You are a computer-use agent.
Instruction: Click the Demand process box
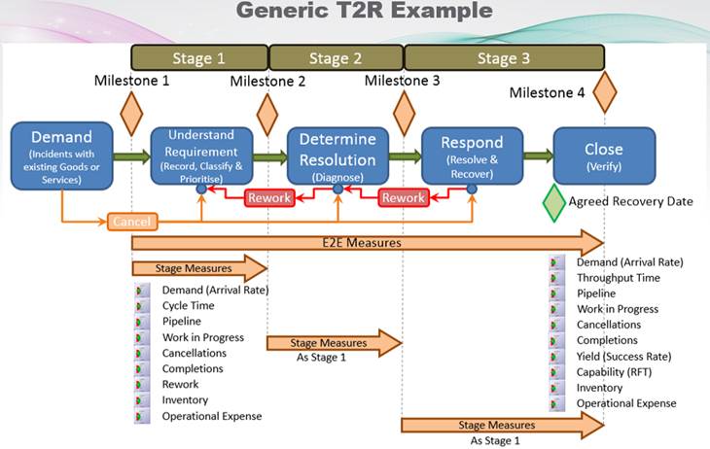click(61, 155)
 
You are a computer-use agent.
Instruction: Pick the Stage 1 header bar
click(198, 57)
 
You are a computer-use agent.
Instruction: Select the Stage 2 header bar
click(336, 57)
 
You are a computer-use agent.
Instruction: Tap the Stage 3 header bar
click(504, 57)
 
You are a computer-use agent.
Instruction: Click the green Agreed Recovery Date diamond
click(553, 202)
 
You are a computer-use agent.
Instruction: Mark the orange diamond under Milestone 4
click(605, 95)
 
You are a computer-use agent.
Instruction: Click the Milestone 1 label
click(132, 82)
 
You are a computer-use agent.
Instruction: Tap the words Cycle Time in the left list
click(189, 306)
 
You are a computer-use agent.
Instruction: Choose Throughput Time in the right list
click(618, 278)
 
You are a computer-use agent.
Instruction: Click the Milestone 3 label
click(402, 82)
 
